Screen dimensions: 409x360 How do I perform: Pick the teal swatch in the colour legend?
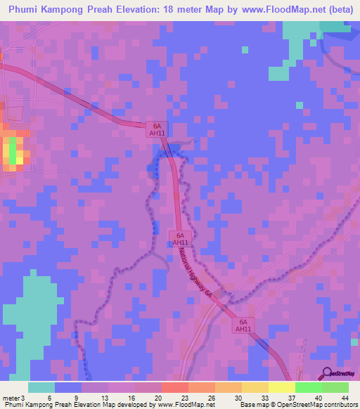click(41, 387)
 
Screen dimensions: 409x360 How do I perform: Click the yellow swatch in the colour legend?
click(281, 387)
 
